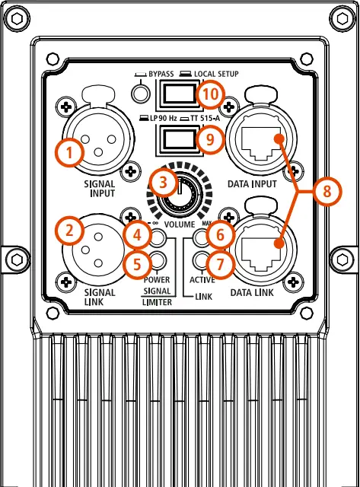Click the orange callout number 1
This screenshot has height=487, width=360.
(69, 153)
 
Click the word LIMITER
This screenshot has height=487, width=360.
(155, 303)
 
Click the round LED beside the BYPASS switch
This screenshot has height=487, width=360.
(139, 93)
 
